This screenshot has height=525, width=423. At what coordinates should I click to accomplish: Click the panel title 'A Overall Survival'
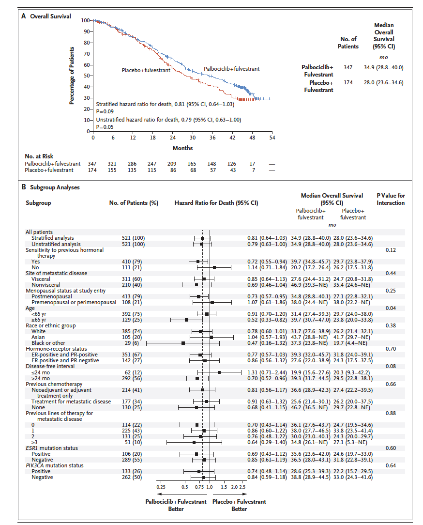click(x=46, y=16)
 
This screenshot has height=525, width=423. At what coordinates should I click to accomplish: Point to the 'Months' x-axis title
click(x=182, y=148)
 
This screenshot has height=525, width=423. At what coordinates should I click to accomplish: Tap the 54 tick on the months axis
click(x=272, y=138)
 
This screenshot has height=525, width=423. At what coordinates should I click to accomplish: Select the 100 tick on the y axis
click(x=85, y=20)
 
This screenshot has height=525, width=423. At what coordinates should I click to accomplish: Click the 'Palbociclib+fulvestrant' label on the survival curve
click(x=231, y=69)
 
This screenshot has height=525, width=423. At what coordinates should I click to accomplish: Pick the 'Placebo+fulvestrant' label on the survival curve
click(x=146, y=70)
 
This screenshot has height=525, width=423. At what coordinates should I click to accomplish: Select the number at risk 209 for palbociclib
click(x=172, y=164)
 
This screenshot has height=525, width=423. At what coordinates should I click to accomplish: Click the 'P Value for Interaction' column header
click(x=391, y=199)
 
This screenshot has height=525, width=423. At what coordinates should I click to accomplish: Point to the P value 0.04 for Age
click(x=390, y=308)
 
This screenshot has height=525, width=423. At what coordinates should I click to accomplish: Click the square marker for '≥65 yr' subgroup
click(x=186, y=320)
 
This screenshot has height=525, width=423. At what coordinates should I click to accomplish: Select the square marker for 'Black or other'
click(x=183, y=343)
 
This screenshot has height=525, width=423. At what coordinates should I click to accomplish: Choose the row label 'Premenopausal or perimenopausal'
click(x=74, y=302)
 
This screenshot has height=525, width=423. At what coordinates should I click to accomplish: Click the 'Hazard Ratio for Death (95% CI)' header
click(x=216, y=203)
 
